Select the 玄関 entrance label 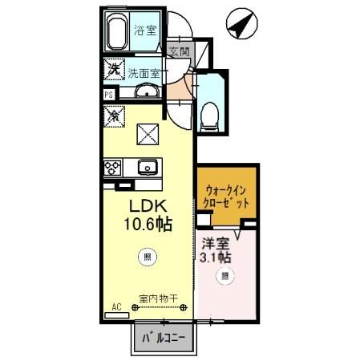click(180, 52)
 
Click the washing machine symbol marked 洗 click(114, 71)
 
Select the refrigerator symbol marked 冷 click(114, 114)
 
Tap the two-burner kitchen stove click(112, 168)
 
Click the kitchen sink click(147, 168)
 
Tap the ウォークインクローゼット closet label click(228, 197)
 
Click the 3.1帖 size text click(216, 258)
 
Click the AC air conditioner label click(116, 306)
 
